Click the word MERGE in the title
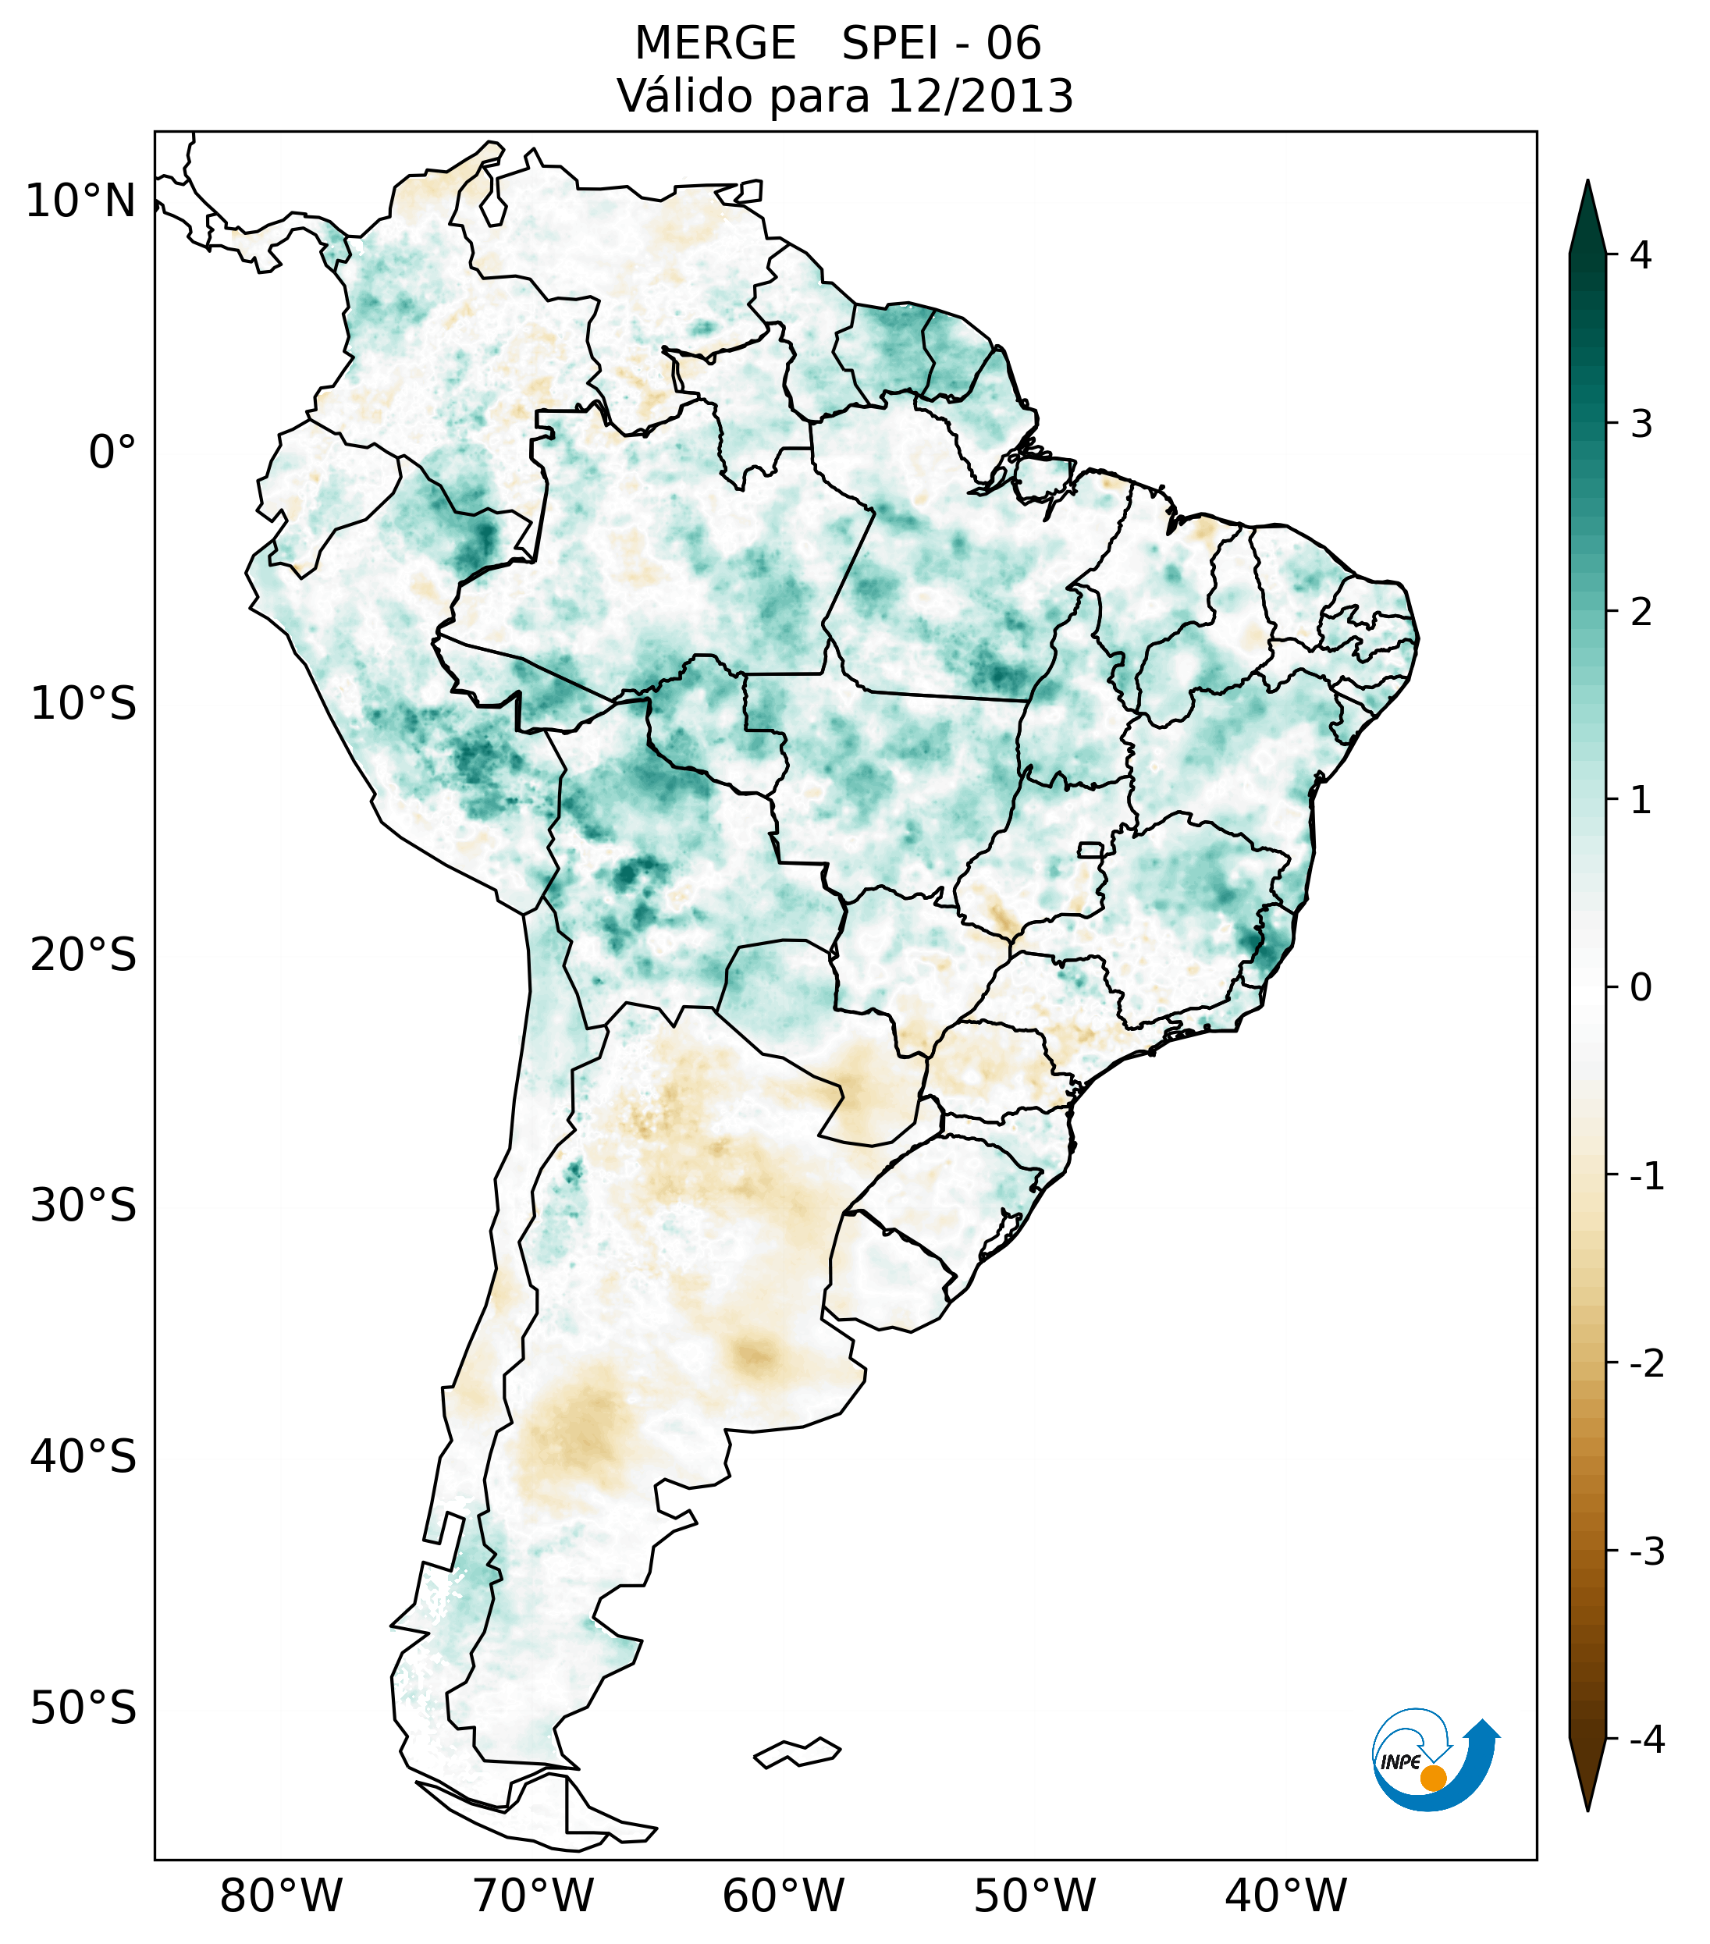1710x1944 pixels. (714, 44)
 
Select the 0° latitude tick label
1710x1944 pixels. (112, 453)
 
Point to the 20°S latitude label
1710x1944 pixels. (84, 955)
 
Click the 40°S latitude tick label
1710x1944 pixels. (84, 1457)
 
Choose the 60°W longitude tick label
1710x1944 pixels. (783, 1896)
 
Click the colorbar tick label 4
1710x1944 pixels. (1641, 255)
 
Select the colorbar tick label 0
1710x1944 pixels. (1641, 988)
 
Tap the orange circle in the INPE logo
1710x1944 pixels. (1433, 1778)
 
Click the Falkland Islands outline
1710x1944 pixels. (797, 1752)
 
